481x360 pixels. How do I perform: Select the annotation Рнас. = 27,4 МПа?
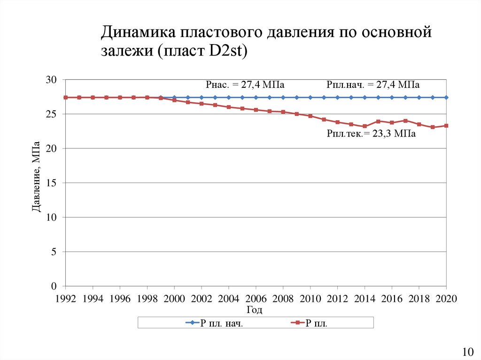(246, 85)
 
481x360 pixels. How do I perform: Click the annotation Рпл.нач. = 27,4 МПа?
(373, 85)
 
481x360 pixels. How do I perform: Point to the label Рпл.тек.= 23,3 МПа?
(371, 134)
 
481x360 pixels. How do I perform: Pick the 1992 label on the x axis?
(66, 299)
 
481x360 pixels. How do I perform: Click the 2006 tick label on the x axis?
(256, 299)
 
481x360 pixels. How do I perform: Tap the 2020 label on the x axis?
(446, 299)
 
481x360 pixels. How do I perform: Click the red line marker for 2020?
(446, 126)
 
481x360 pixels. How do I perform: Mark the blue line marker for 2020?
(446, 98)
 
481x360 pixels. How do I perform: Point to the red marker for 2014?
(365, 126)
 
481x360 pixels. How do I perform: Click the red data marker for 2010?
(310, 116)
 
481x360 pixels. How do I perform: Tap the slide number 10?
(467, 352)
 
